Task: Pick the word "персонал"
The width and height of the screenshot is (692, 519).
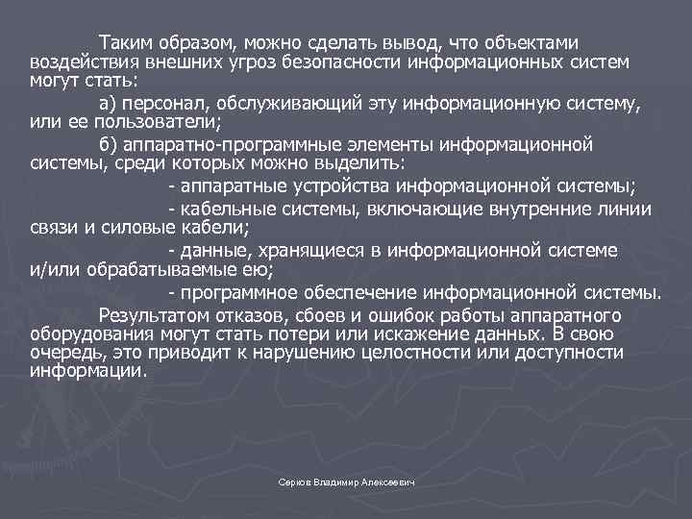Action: tap(172, 103)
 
